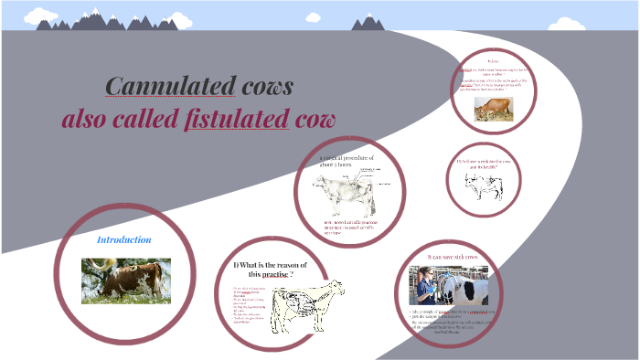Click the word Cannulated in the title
[x=168, y=87]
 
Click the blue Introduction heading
[x=124, y=239]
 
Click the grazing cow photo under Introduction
[x=125, y=281]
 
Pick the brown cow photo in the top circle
[x=493, y=109]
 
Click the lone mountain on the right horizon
[x=369, y=22]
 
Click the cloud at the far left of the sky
[x=15, y=16]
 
